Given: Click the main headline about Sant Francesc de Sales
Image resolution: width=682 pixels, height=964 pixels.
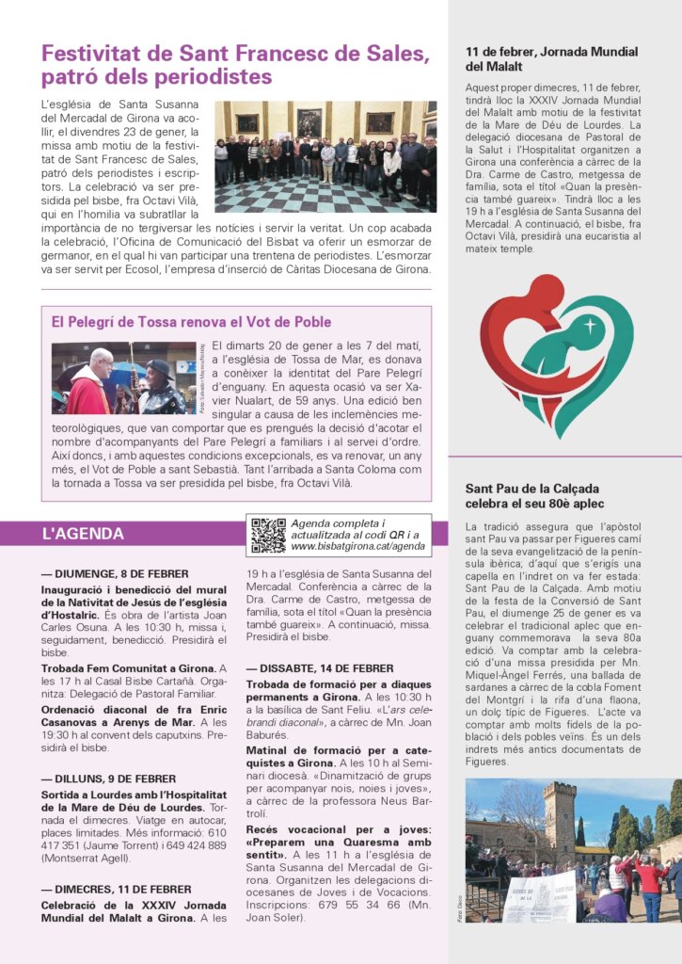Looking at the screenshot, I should pos(235,64).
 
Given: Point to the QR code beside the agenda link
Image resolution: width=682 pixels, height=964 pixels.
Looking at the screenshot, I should pos(268,535).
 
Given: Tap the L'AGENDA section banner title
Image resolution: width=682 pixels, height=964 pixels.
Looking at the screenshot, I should pos(83,534).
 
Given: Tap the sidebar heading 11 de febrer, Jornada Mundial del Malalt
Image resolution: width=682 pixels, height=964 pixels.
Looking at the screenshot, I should pos(551,59).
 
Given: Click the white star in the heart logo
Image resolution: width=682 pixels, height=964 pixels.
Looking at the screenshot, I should pos(591,327).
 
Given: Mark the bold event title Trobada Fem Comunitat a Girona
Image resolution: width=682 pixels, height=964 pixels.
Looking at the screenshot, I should pos(128,667).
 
